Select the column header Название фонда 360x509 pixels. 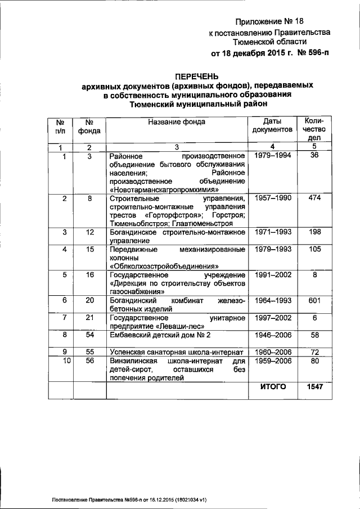coord(176,121)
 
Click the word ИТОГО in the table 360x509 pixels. coord(273,387)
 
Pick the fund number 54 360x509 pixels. coord(89,335)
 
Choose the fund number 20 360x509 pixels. coord(89,301)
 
